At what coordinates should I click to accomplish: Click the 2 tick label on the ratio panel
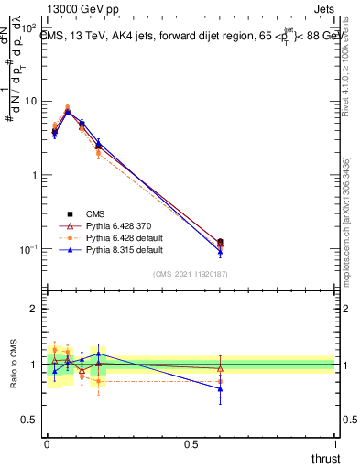[33, 309]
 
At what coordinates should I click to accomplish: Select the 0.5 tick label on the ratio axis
[28, 421]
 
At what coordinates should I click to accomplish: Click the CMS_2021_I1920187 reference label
[190, 273]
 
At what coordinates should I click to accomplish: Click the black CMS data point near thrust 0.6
[220, 242]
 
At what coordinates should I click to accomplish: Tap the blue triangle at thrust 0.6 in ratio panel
[220, 388]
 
